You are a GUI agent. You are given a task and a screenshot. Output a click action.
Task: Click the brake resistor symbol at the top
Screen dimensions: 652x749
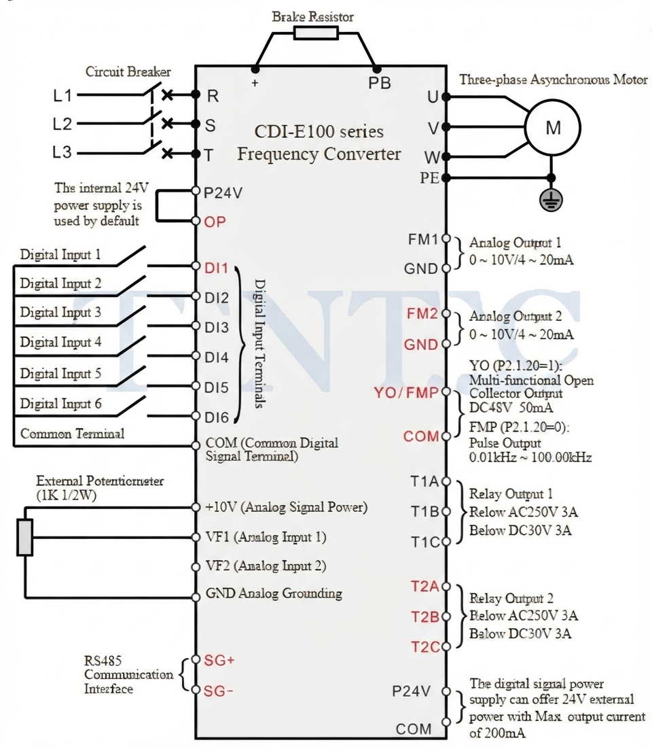pyautogui.click(x=316, y=33)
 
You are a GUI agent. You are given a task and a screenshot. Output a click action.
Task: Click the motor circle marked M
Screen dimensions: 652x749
pyautogui.click(x=552, y=128)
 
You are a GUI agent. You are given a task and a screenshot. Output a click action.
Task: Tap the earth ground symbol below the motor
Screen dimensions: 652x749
pyautogui.click(x=551, y=200)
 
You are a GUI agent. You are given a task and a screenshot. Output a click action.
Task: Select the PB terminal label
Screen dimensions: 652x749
pyautogui.click(x=380, y=83)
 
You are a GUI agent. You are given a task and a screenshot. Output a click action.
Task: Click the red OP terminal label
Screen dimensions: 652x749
pyautogui.click(x=215, y=222)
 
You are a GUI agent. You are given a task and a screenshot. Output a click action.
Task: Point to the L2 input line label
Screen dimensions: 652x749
pyautogui.click(x=62, y=124)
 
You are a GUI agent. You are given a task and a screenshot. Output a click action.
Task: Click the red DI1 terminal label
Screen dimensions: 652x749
pyautogui.click(x=216, y=268)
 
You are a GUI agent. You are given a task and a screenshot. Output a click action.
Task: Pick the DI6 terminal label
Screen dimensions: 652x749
pyautogui.click(x=217, y=417)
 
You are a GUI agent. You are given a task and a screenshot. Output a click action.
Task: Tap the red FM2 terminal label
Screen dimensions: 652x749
pyautogui.click(x=422, y=313)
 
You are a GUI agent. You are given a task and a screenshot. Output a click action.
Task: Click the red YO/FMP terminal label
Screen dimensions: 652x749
pyautogui.click(x=405, y=393)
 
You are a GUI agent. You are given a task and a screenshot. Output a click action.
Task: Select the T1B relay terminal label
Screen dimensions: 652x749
pyautogui.click(x=424, y=512)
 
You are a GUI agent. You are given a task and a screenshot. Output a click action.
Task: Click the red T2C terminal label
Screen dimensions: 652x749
pyautogui.click(x=425, y=647)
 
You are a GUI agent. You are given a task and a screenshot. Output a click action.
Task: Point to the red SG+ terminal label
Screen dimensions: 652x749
pyautogui.click(x=219, y=660)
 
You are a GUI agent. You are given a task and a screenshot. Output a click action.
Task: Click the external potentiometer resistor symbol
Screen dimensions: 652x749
pyautogui.click(x=25, y=538)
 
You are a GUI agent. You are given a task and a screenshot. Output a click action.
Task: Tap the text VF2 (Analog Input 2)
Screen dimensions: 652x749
pyautogui.click(x=266, y=566)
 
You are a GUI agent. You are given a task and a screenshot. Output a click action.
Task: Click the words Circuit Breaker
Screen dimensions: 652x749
pyautogui.click(x=128, y=71)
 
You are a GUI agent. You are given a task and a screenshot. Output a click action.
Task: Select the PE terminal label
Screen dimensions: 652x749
pyautogui.click(x=429, y=177)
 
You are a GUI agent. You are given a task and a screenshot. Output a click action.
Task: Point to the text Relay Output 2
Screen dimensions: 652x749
pyautogui.click(x=511, y=598)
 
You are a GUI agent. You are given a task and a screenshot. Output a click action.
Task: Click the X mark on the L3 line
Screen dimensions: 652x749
pyautogui.click(x=167, y=154)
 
